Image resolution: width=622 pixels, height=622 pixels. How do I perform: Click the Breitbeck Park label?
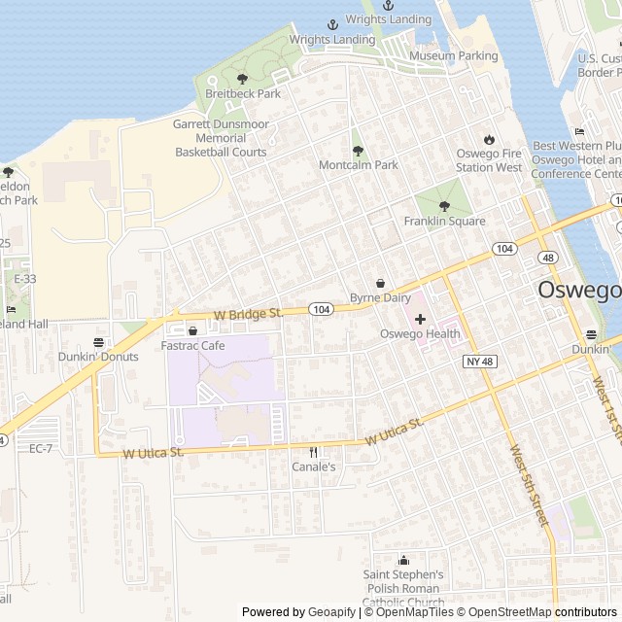click(243, 94)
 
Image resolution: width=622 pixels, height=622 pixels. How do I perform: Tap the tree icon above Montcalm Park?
click(358, 151)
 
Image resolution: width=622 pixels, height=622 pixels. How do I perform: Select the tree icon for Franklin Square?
click(444, 206)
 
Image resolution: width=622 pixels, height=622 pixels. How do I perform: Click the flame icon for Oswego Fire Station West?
click(489, 139)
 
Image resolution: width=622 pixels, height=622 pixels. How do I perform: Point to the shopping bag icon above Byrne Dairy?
click(380, 282)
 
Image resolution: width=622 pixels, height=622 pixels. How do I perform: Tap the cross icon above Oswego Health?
click(420, 319)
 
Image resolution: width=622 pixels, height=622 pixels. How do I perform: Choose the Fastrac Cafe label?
click(192, 345)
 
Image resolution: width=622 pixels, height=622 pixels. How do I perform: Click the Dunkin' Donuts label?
click(99, 357)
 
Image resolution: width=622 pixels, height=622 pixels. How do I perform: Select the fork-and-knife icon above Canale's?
click(313, 452)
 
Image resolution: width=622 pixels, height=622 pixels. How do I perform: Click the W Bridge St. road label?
click(248, 314)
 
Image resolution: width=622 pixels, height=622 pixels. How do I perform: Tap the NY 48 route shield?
click(473, 361)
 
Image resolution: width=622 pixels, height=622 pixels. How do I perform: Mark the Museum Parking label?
click(454, 56)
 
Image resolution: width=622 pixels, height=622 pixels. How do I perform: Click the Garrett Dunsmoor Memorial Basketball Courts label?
click(221, 138)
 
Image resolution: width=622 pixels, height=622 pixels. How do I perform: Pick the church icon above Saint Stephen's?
click(404, 560)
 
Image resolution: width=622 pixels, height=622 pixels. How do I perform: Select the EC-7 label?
click(41, 448)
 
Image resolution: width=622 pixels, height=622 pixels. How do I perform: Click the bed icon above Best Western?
click(580, 131)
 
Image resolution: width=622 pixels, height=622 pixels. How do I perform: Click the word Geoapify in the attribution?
click(331, 612)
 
